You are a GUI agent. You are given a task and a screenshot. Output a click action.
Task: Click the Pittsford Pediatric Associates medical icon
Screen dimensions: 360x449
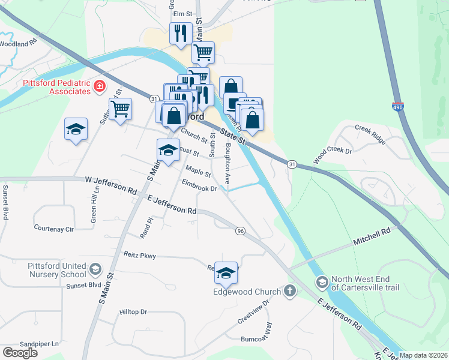(100, 88)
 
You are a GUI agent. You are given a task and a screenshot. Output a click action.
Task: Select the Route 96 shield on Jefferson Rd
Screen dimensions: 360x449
(240, 231)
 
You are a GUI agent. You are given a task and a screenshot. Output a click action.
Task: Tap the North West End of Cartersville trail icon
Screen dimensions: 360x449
(322, 282)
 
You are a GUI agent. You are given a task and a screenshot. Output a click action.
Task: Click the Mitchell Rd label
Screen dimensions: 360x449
(372, 235)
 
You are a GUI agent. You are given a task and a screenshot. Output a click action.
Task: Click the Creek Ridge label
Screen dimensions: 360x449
(370, 133)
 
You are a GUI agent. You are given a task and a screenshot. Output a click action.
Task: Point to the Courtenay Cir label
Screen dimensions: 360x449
(53, 229)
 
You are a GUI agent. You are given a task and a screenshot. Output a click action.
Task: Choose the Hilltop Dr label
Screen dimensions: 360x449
(133, 312)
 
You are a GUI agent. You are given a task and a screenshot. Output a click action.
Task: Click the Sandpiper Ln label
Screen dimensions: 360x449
(40, 344)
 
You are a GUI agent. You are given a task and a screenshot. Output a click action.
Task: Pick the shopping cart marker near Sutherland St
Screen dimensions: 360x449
(120, 110)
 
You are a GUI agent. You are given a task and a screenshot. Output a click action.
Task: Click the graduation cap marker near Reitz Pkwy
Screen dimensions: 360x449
(226, 274)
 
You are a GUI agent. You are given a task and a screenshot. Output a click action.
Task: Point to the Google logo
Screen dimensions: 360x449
(20, 353)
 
